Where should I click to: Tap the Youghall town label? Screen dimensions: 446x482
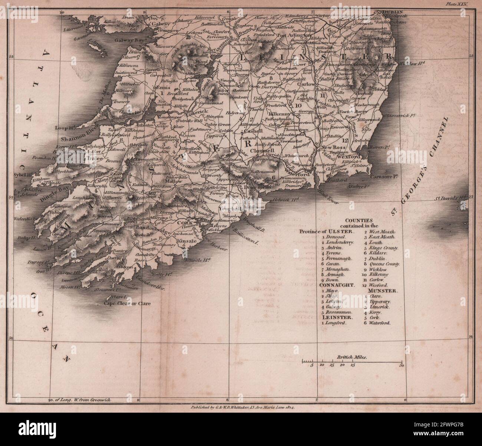pyautogui.click(x=230, y=209)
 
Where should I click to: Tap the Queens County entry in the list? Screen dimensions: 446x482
pyautogui.click(x=384, y=264)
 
